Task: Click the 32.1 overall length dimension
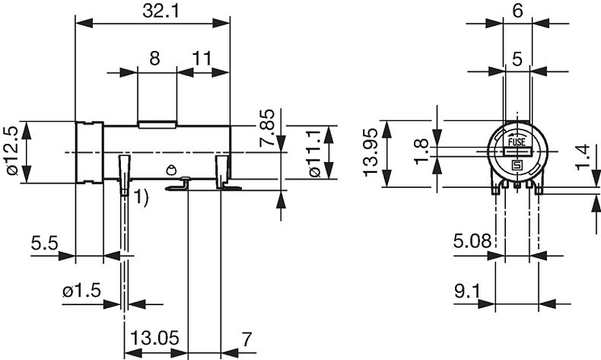click(161, 11)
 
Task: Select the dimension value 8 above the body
click(154, 59)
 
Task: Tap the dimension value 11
click(202, 59)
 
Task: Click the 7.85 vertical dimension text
click(267, 128)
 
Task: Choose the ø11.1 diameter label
click(313, 153)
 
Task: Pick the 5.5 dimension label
click(44, 243)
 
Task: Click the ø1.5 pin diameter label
click(81, 291)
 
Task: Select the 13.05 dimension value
click(155, 338)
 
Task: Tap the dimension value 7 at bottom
click(246, 339)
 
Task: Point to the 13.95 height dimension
click(370, 152)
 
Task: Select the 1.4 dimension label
click(582, 157)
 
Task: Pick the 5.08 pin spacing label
click(472, 241)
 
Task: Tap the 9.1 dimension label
click(467, 292)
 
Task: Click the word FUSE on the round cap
click(517, 142)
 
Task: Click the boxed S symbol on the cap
click(517, 166)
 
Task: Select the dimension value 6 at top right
click(517, 11)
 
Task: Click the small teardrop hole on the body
click(171, 170)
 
